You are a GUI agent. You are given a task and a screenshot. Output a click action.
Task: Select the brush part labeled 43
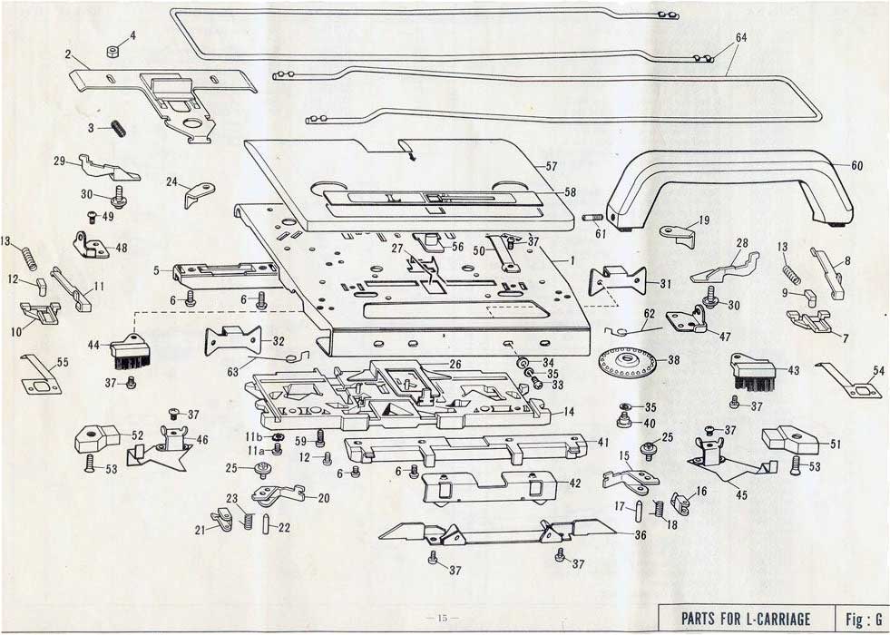pyautogui.click(x=752, y=372)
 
